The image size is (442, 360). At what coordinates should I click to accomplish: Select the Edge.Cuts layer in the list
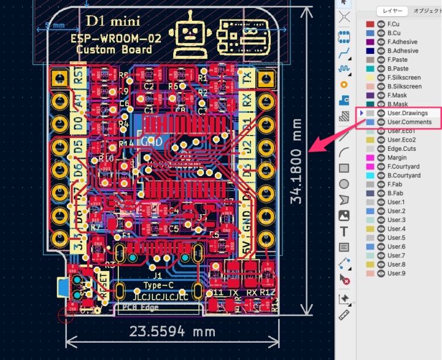tap(401, 149)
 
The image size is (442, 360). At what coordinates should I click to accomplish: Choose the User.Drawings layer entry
tap(408, 113)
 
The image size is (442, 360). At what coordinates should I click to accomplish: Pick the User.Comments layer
tap(409, 123)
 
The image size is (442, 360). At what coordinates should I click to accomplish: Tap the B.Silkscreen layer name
tap(405, 86)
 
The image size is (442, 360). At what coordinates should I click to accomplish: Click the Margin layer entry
tap(397, 158)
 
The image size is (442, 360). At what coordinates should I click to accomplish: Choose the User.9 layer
tap(396, 274)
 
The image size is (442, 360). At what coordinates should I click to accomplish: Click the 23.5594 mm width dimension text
tap(172, 331)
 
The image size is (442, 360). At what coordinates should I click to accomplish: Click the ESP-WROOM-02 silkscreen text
tap(117, 38)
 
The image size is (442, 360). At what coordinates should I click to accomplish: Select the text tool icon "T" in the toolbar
tap(344, 231)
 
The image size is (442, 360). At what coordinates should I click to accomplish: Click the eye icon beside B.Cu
tap(381, 33)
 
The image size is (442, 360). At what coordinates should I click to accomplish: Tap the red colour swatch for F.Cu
tap(370, 25)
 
